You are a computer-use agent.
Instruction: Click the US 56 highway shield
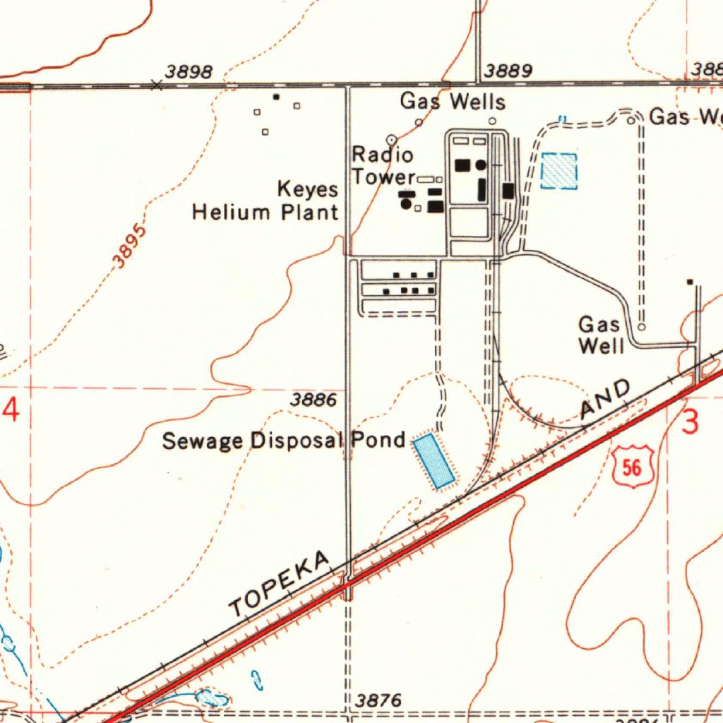click(x=633, y=467)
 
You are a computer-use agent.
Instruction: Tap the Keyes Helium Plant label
click(x=265, y=201)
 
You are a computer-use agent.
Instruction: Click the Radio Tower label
click(x=383, y=165)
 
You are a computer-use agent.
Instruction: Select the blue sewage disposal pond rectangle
click(x=434, y=462)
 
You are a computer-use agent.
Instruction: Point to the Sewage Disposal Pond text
click(x=284, y=441)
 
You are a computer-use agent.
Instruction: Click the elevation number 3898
click(x=189, y=71)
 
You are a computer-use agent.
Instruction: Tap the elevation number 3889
click(x=508, y=71)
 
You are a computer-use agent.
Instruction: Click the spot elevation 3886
click(x=313, y=400)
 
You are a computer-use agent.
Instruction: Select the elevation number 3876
click(x=378, y=700)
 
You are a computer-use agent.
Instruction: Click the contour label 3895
click(x=131, y=246)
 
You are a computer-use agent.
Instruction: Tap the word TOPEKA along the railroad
click(x=280, y=583)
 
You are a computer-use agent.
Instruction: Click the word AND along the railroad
click(x=605, y=399)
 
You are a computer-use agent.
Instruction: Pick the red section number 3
click(x=691, y=422)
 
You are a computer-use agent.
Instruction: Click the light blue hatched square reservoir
click(x=559, y=171)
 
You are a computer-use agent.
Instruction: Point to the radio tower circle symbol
click(x=392, y=139)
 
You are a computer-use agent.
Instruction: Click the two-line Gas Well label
click(x=601, y=335)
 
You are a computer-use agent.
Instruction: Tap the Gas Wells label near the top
click(x=453, y=102)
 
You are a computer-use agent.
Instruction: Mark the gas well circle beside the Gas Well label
click(x=641, y=327)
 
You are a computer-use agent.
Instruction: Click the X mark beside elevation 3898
click(x=157, y=85)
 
